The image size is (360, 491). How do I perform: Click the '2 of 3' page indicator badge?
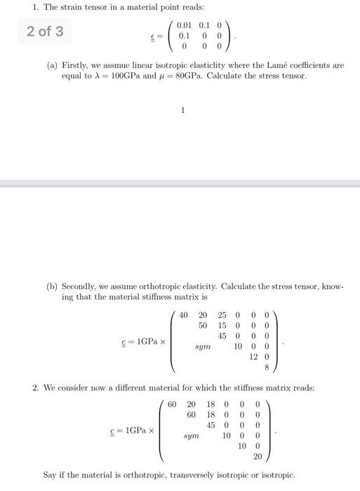pos(45,32)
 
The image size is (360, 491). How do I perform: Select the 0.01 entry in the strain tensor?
pos(186,25)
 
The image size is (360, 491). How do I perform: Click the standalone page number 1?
pos(182,109)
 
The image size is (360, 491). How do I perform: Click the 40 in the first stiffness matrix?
pos(184,315)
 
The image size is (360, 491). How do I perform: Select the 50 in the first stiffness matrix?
pos(203,325)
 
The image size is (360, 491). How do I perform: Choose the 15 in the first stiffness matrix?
pos(222,325)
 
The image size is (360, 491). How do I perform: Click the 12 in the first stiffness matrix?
pos(253,356)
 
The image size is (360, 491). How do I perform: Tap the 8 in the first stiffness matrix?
pos(267,366)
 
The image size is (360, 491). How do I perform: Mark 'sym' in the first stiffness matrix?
pos(202,347)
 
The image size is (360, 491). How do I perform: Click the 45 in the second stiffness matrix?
pos(211,425)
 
